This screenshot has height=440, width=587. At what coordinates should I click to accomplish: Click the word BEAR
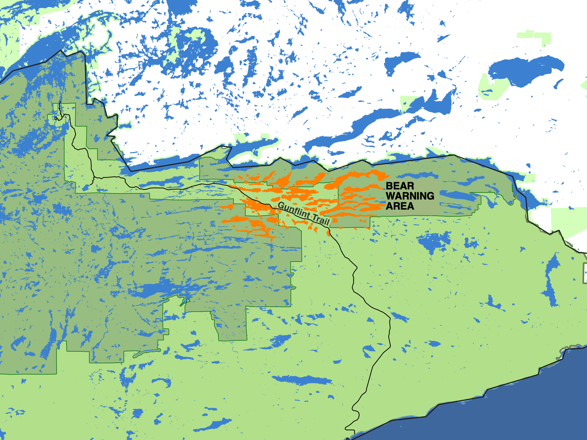pos(400,186)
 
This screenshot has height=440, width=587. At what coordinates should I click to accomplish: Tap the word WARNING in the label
pos(410,196)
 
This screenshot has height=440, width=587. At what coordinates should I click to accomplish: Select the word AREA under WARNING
pos(400,206)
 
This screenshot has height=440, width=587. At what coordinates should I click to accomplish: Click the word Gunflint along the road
pos(294,210)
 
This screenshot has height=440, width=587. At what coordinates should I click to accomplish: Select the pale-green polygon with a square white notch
pos(492,87)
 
